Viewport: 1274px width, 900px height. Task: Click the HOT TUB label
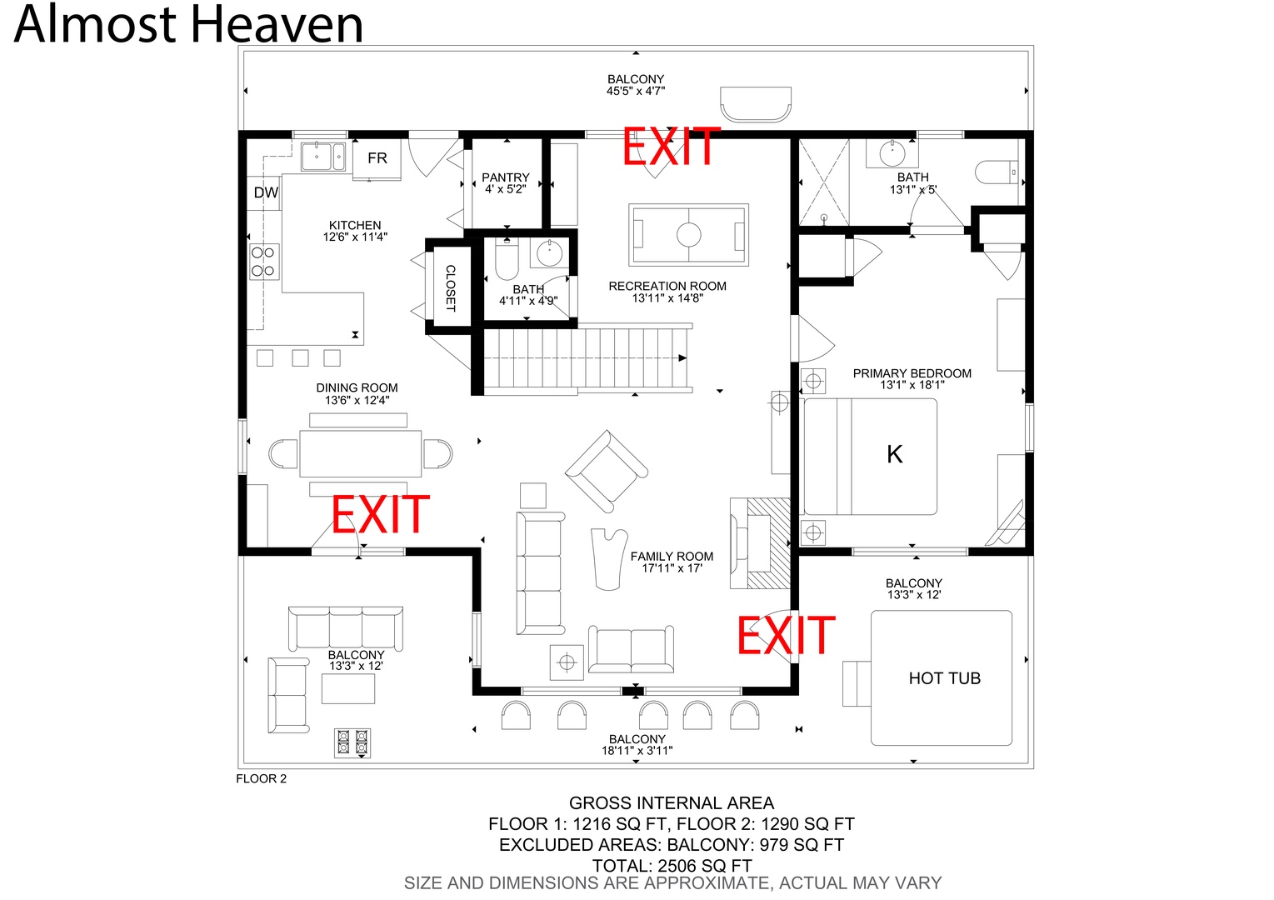(944, 678)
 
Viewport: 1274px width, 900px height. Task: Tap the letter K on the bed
(894, 454)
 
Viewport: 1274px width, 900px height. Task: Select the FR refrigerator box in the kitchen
(377, 158)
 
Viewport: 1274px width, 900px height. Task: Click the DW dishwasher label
(266, 192)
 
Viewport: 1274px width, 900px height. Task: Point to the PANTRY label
(506, 177)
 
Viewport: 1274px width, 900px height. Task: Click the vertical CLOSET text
(451, 287)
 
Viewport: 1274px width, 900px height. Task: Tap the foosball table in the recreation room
(688, 234)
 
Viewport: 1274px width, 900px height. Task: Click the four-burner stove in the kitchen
(264, 262)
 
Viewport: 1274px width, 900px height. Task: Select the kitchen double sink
(322, 156)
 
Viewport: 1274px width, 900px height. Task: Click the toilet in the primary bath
(997, 172)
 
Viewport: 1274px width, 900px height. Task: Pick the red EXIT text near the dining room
(380, 513)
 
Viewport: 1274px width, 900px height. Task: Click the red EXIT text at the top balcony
(671, 146)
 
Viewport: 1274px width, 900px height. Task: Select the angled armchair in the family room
(607, 472)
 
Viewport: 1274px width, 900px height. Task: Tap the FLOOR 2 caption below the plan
(261, 779)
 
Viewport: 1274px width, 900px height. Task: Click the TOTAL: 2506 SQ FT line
(672, 865)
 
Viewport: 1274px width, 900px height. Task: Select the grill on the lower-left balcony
(352, 743)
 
